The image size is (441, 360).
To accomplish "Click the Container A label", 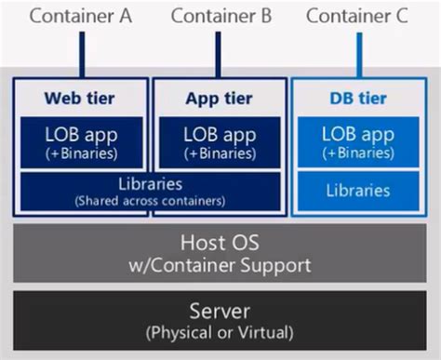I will click(81, 16).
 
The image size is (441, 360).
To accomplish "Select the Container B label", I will click(221, 16).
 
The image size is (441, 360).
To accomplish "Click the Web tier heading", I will click(81, 96).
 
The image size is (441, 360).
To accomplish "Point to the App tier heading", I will click(221, 96).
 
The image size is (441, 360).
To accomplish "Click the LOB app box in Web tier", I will click(81, 141).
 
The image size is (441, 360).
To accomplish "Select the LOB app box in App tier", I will click(221, 141).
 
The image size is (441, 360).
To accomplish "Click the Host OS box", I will click(220, 252).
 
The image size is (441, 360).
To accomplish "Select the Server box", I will click(220, 318).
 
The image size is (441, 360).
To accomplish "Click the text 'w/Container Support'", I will click(220, 264).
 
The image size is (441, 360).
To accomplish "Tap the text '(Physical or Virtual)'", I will click(220, 331).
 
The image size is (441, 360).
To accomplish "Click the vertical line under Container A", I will click(81, 54).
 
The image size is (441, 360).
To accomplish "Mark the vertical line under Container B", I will click(221, 54).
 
